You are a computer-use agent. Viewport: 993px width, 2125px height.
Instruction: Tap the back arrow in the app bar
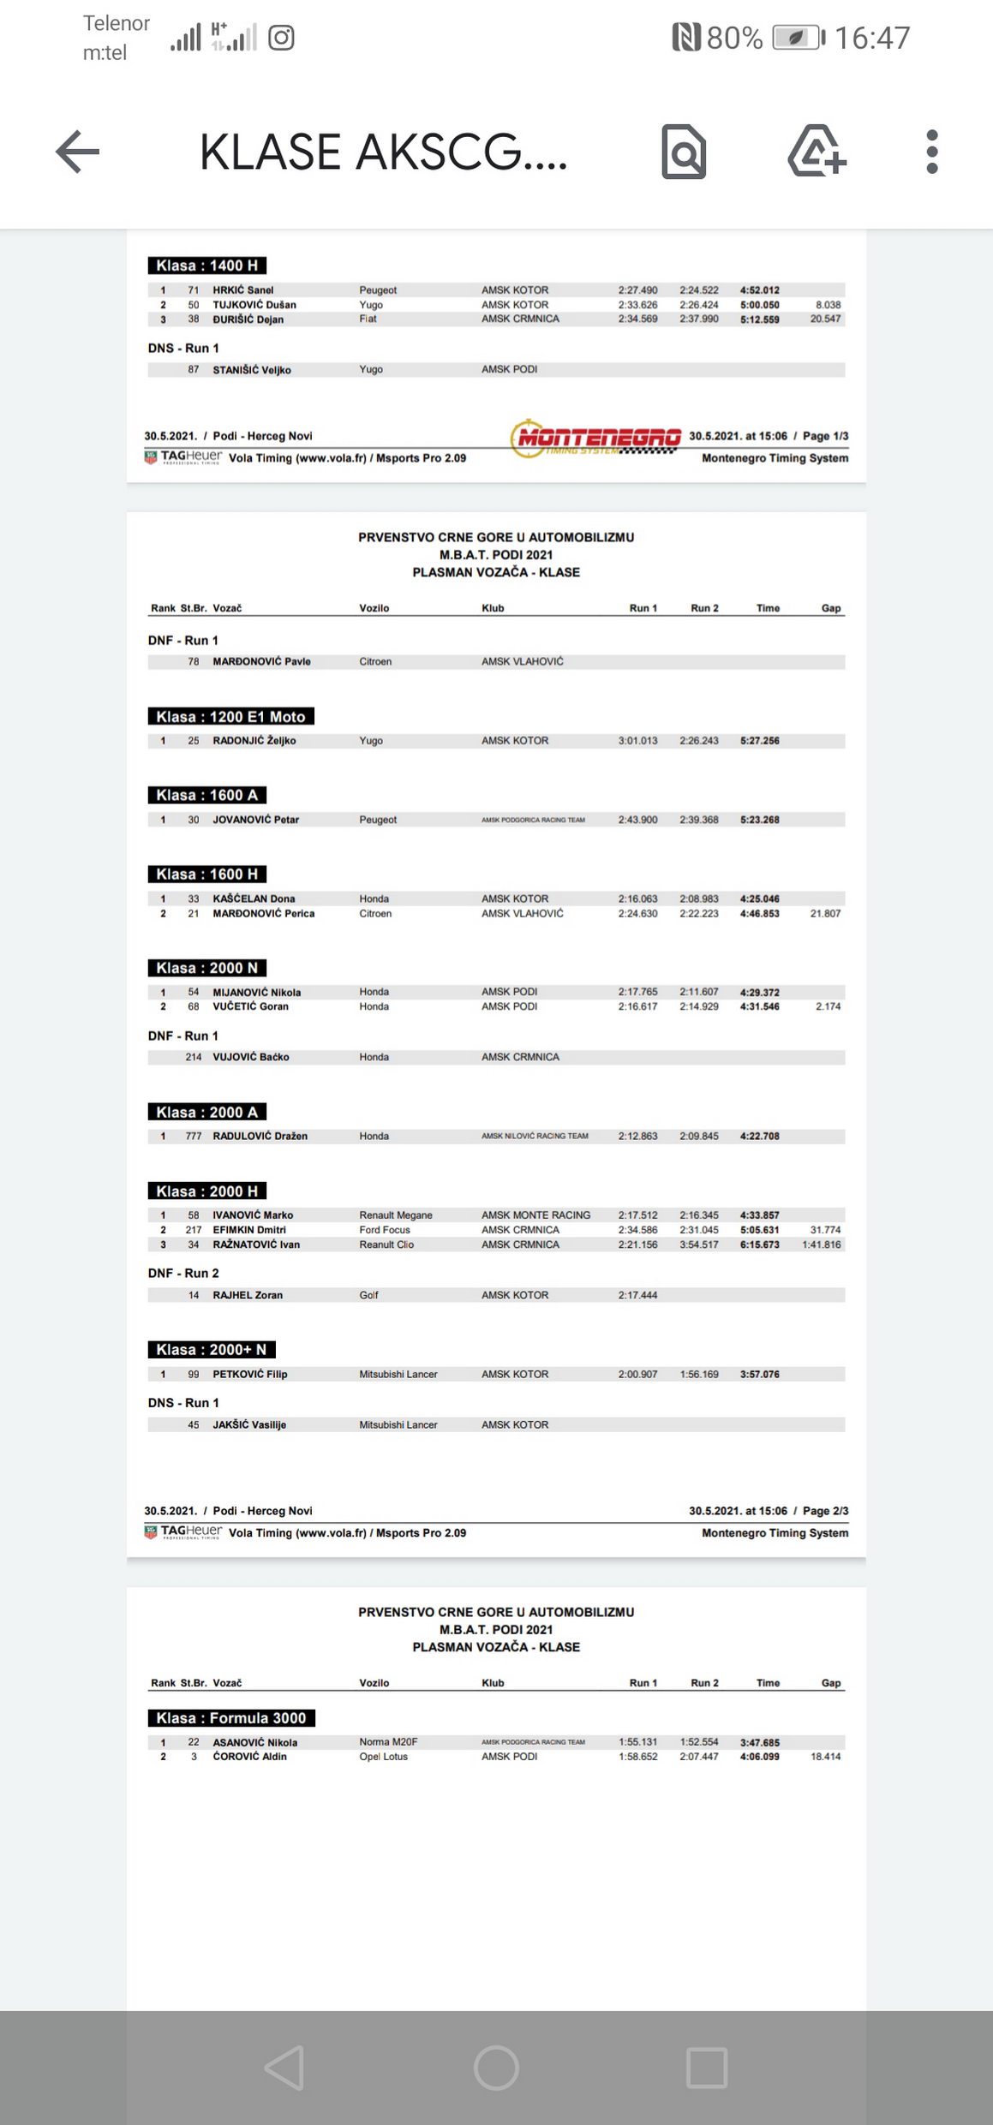tap(78, 152)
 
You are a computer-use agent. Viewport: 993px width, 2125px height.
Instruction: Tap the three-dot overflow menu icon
tap(932, 152)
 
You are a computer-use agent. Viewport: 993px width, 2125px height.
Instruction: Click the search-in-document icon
tap(684, 152)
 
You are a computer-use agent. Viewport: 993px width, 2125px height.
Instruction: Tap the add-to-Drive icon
tap(817, 152)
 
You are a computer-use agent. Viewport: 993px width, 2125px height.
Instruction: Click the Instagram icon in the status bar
tap(282, 38)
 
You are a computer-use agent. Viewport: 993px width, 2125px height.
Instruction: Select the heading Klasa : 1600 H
tap(206, 874)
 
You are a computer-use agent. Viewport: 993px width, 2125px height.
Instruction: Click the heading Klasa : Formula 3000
tap(231, 1717)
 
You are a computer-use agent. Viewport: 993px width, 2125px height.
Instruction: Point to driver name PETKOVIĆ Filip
tap(250, 1374)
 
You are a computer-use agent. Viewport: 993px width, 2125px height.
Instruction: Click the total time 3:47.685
tap(760, 1742)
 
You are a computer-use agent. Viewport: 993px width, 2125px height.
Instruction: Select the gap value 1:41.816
tap(821, 1245)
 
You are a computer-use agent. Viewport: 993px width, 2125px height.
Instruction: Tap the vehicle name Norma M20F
tap(388, 1741)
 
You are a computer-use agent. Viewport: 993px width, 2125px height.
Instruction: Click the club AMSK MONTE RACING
tap(535, 1215)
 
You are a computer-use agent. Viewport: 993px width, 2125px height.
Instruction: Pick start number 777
tap(194, 1136)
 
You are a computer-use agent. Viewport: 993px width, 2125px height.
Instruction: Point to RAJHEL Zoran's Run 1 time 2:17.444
tap(637, 1295)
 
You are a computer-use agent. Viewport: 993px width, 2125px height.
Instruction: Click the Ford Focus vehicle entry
tap(385, 1230)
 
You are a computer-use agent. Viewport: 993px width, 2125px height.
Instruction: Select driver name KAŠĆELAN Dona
tap(254, 898)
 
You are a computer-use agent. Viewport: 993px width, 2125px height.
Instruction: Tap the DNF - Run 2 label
tap(183, 1273)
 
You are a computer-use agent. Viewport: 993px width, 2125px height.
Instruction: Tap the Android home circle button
tap(496, 2068)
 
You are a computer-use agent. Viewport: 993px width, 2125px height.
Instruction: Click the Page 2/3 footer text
tap(825, 1511)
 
